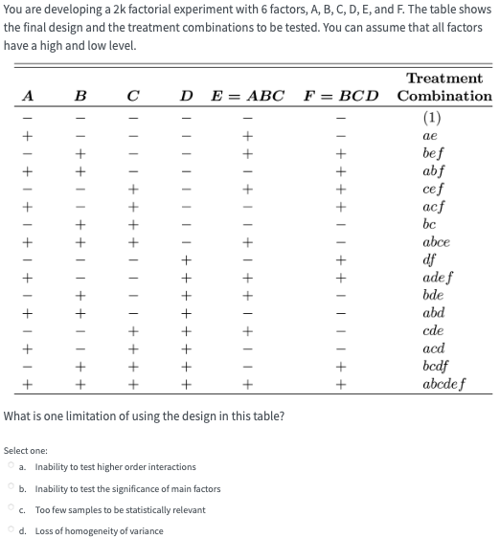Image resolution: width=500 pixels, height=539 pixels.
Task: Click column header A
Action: click(x=28, y=96)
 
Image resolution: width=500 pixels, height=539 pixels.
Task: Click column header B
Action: click(x=81, y=96)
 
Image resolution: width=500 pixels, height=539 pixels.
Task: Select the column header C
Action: click(x=135, y=96)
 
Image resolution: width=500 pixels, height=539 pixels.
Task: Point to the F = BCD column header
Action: click(x=340, y=96)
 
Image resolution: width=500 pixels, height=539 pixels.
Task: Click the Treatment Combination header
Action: click(x=443, y=86)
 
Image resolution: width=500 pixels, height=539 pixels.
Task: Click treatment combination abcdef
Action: click(x=443, y=383)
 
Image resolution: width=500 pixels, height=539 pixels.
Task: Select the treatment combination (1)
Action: click(x=431, y=119)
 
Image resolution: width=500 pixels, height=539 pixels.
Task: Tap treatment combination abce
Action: click(x=438, y=242)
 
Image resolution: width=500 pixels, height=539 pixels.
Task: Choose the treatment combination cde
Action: click(x=434, y=330)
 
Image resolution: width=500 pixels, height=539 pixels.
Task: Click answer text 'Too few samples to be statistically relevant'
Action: click(x=120, y=510)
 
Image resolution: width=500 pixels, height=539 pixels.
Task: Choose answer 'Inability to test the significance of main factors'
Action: click(x=127, y=489)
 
